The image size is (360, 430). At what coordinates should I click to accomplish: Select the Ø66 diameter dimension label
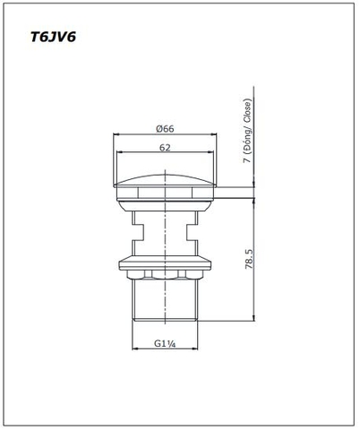point(164,128)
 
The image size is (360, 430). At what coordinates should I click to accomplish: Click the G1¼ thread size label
point(164,343)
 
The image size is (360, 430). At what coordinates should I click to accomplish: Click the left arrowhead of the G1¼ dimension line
point(134,349)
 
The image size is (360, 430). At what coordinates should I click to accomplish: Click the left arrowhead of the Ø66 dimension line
point(116,135)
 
